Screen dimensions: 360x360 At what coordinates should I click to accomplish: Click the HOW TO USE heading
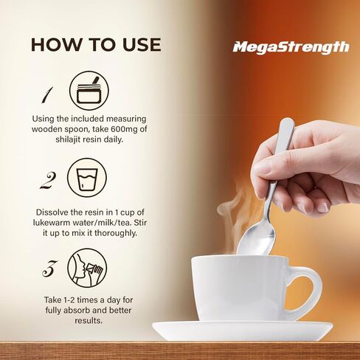[95, 44]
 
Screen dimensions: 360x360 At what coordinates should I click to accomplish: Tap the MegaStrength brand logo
[291, 47]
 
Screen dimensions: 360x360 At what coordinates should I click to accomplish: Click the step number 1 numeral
[46, 95]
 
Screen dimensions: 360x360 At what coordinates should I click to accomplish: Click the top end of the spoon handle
[286, 124]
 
